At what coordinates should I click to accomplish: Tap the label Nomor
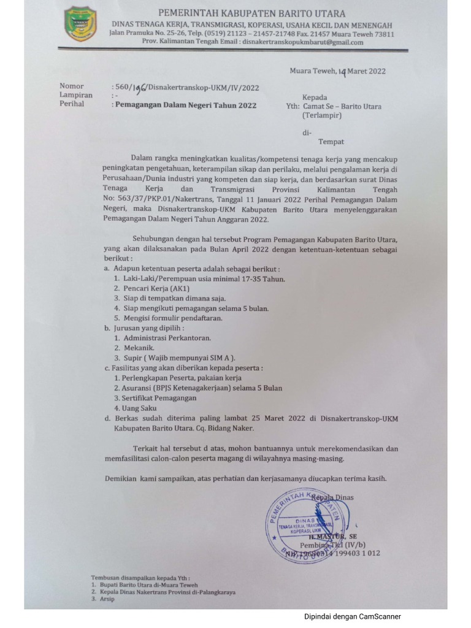(x=72, y=86)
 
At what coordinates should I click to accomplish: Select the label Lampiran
(x=76, y=95)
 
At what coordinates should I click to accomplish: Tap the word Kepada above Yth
(x=315, y=98)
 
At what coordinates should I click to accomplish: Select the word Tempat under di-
(x=331, y=142)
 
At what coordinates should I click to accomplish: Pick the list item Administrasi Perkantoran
(x=167, y=338)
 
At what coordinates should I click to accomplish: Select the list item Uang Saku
(x=140, y=408)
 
